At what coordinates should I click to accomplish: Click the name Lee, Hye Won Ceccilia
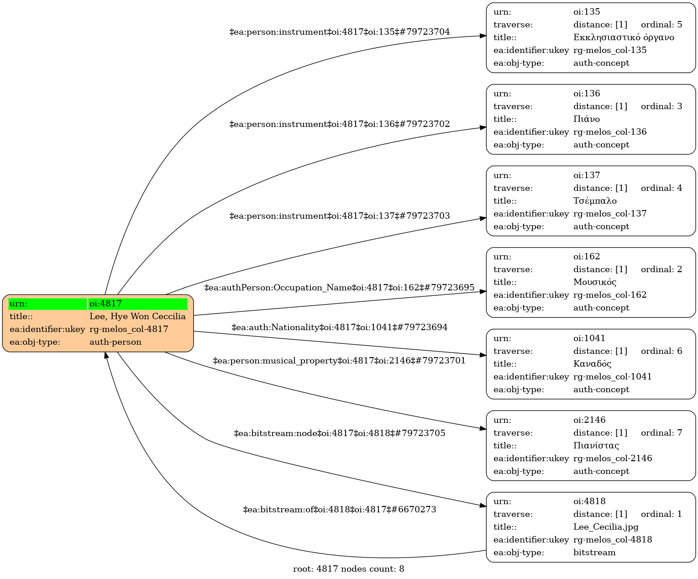click(x=137, y=316)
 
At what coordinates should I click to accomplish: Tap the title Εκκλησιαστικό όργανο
click(x=624, y=37)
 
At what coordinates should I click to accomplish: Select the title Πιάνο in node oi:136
click(x=587, y=119)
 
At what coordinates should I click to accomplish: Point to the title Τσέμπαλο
click(x=595, y=201)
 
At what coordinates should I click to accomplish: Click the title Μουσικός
click(x=595, y=282)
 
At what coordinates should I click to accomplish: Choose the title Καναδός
click(x=592, y=364)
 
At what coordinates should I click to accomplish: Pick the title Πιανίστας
click(x=596, y=446)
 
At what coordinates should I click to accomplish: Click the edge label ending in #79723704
click(x=339, y=32)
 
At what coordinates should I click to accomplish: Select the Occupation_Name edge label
click(x=339, y=288)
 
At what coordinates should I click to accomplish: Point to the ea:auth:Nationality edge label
click(x=339, y=327)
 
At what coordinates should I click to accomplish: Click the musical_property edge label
click(x=339, y=361)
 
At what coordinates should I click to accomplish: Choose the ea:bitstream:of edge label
click(x=339, y=510)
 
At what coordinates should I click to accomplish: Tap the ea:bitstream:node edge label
click(x=339, y=433)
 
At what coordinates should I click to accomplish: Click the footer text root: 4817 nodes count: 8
click(x=348, y=569)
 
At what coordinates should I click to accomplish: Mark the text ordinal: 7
click(x=661, y=433)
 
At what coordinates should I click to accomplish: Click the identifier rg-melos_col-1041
click(x=613, y=377)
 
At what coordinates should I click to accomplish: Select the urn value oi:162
click(x=587, y=257)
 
